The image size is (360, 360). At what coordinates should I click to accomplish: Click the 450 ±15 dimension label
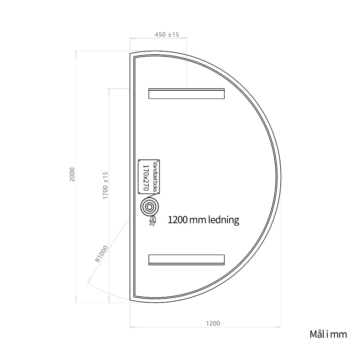[x=167, y=35]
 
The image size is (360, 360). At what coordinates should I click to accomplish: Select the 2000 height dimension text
[x=72, y=175]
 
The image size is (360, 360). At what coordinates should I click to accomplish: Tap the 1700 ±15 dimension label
[x=105, y=185]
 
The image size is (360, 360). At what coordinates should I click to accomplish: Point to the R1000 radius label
[x=101, y=254]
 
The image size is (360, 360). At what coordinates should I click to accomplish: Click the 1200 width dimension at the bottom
[x=213, y=324]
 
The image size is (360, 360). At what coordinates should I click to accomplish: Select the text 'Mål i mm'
[x=328, y=334]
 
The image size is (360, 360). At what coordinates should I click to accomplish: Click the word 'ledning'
[x=224, y=220]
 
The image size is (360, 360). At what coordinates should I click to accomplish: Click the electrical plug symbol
[x=152, y=221]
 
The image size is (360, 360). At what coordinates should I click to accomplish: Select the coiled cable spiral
[x=149, y=207]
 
